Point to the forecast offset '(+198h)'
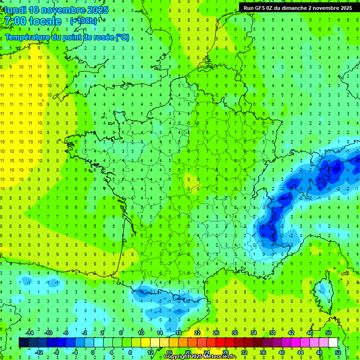click(x=84, y=21)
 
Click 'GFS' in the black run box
click(x=261, y=8)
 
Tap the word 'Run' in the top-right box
click(x=249, y=8)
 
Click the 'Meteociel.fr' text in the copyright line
click(x=220, y=357)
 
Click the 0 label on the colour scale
click(x=92, y=352)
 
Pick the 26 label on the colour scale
click(x=216, y=332)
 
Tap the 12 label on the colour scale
click(x=150, y=352)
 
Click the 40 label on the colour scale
click(x=281, y=352)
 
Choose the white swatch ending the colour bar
click(x=333, y=342)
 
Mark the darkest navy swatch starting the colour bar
click(x=23, y=342)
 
